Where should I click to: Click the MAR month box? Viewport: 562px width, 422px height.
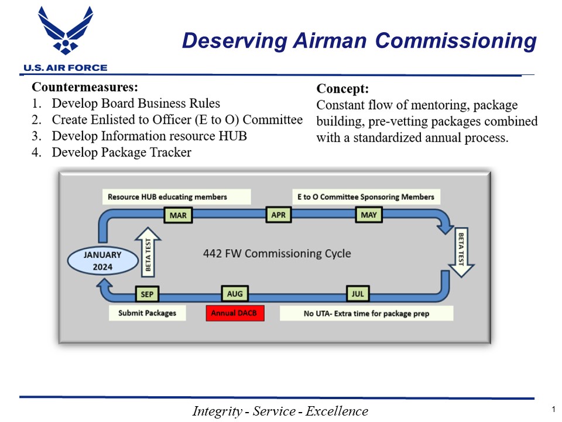coord(178,215)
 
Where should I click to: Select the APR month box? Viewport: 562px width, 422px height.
coord(279,215)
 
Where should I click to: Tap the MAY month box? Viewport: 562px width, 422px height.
coord(369,215)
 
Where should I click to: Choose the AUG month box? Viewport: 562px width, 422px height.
coord(235,292)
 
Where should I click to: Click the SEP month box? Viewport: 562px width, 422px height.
coord(146,292)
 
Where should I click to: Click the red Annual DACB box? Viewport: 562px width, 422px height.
coord(235,313)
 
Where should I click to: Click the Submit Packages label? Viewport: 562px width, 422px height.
coord(147,313)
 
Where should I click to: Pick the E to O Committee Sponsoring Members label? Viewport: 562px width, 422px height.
coord(366,197)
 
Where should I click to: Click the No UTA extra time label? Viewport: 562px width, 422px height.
coord(366,314)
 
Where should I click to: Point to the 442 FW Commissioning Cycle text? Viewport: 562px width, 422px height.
coord(277,253)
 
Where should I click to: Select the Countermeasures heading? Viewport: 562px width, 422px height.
coord(84,87)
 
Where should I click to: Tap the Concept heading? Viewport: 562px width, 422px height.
coord(342,89)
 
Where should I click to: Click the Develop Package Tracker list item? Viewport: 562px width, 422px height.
coord(121,152)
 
